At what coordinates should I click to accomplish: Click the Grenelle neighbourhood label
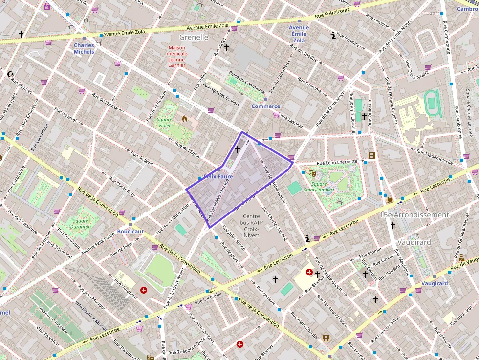[x=194, y=37]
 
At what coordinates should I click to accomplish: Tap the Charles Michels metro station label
[x=84, y=49]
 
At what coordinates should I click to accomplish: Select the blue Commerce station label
[x=266, y=106]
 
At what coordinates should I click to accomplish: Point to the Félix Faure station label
[x=218, y=176]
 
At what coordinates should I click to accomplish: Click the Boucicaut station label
[x=131, y=231]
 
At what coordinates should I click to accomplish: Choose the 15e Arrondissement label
[x=414, y=215]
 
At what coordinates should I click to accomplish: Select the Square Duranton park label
[x=80, y=224]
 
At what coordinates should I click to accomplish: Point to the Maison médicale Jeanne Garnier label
[x=176, y=56]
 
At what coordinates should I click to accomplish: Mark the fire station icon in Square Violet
[x=185, y=118]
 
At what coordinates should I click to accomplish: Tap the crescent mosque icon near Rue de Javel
[x=11, y=74]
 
